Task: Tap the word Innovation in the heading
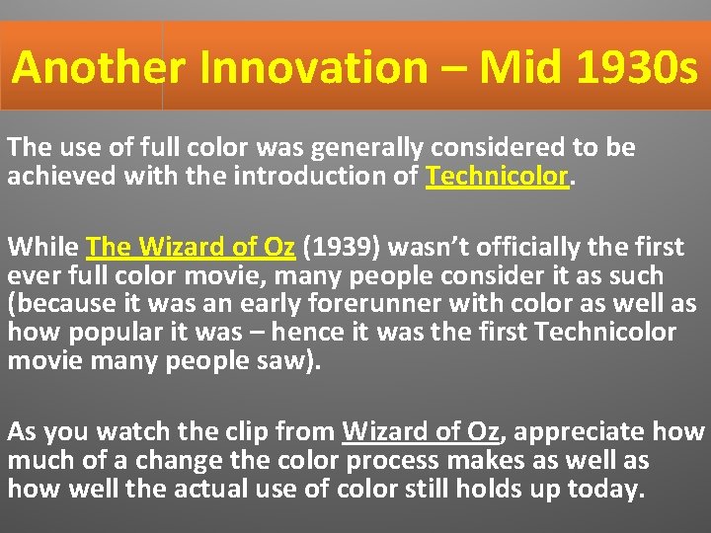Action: (x=313, y=68)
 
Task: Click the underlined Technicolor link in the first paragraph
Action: (x=498, y=177)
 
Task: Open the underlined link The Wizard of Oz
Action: (x=191, y=246)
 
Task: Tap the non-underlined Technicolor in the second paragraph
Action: (x=605, y=332)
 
